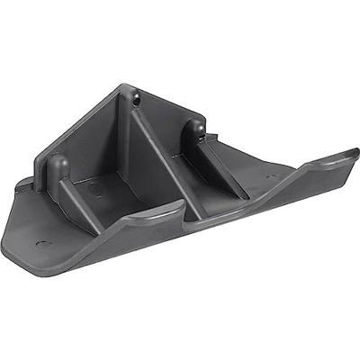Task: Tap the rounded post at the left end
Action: pos(57,168)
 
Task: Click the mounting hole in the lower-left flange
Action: pos(40,244)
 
